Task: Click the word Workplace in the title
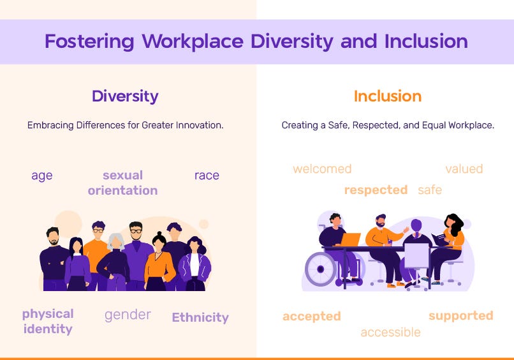(x=193, y=41)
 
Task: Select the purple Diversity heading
(x=125, y=96)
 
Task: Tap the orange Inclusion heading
(x=388, y=96)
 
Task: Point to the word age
(x=42, y=176)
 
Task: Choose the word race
(x=207, y=176)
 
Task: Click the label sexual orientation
(x=122, y=183)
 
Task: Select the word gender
(x=128, y=315)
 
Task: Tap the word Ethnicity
(x=200, y=317)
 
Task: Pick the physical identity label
(x=48, y=322)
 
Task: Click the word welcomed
(x=322, y=169)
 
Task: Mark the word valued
(x=464, y=169)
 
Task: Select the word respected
(x=376, y=190)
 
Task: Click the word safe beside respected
(x=430, y=190)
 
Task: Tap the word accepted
(x=312, y=317)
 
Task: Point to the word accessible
(x=391, y=333)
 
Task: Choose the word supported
(x=461, y=316)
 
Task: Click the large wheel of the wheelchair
(x=321, y=269)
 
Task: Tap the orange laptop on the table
(x=350, y=239)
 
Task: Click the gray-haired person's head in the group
(x=115, y=241)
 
